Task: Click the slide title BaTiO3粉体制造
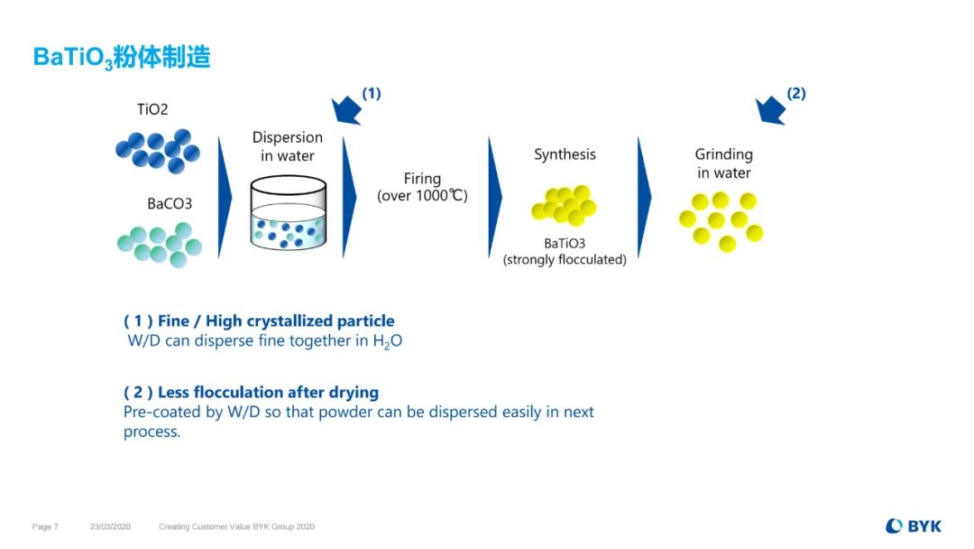click(x=122, y=58)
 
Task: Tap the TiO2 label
click(x=152, y=110)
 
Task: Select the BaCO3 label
click(x=170, y=204)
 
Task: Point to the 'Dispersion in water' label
click(x=287, y=146)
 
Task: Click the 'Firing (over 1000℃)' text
click(x=422, y=188)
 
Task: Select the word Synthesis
click(x=565, y=154)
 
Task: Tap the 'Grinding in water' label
click(x=723, y=163)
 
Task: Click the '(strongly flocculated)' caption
click(x=565, y=260)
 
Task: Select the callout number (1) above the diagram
click(x=372, y=93)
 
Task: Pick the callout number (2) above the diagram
click(x=796, y=93)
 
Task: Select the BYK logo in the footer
click(x=913, y=526)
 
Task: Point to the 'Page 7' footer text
click(x=45, y=526)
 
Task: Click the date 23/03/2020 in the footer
click(x=110, y=526)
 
